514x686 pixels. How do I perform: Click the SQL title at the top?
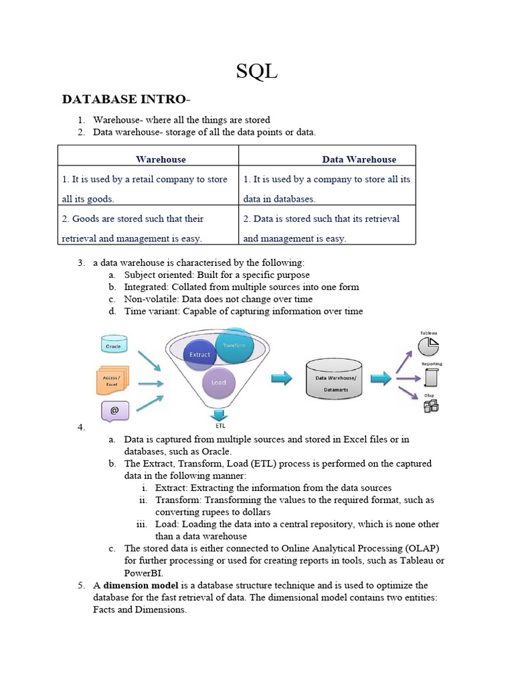point(257,71)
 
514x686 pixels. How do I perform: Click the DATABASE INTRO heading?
point(125,100)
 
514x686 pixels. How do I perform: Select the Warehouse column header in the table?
point(161,159)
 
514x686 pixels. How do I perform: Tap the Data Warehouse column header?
point(359,159)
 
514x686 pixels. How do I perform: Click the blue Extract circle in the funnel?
point(199,354)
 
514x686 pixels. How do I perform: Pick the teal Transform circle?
point(234,346)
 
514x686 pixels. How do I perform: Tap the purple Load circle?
point(219,383)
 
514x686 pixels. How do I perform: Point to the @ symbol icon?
point(114,411)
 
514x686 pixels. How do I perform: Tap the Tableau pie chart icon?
point(428,346)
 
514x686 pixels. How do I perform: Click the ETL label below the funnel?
point(220,425)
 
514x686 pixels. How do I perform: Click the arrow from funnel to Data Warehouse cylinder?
point(281,379)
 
